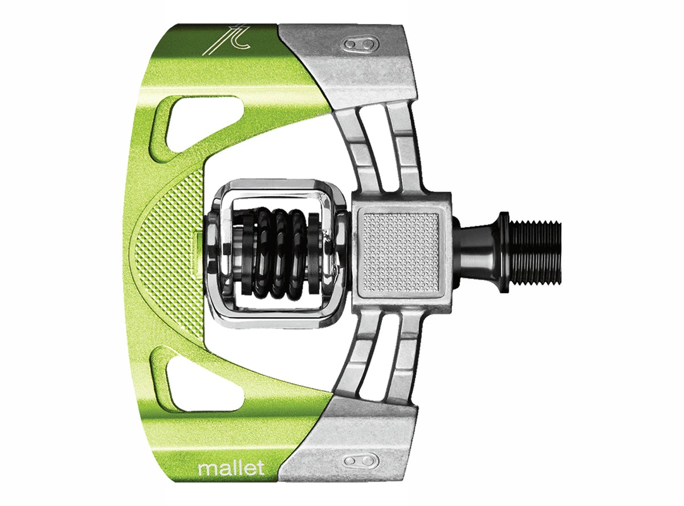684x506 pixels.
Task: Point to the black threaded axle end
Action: point(535,253)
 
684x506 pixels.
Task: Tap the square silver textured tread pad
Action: point(401,253)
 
